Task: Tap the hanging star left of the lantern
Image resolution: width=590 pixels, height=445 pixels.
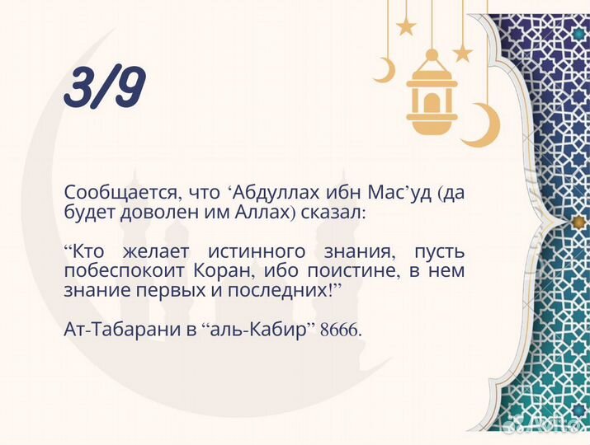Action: click(406, 26)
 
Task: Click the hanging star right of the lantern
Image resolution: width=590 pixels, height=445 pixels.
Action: click(463, 54)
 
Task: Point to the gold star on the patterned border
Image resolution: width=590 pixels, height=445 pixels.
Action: click(569, 222)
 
